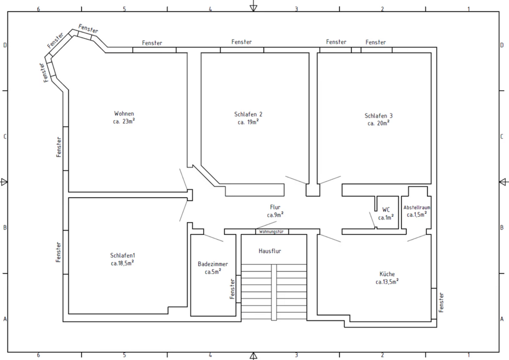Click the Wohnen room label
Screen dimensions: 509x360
point(124,113)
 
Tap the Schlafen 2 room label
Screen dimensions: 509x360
point(248,115)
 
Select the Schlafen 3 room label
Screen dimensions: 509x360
point(379,116)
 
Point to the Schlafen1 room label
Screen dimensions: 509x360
point(122,256)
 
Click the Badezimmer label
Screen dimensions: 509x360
point(213,264)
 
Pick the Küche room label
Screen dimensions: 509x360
point(387,274)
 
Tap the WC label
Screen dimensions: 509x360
point(386,210)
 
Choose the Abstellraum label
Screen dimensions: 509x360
point(417,207)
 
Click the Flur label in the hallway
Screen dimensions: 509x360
point(275,207)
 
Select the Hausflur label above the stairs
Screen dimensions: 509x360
point(270,251)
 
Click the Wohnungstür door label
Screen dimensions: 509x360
point(271,232)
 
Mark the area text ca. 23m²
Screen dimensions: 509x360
point(124,121)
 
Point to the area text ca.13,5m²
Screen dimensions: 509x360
point(387,282)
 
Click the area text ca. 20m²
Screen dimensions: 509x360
point(379,123)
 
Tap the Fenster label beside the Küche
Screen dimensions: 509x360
point(441,303)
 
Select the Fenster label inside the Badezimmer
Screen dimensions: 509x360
point(232,289)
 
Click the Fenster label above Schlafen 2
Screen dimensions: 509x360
point(242,42)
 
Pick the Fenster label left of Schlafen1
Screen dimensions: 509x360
point(58,252)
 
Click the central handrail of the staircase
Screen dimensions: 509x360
point(274,292)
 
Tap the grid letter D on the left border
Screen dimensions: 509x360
point(5,45)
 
